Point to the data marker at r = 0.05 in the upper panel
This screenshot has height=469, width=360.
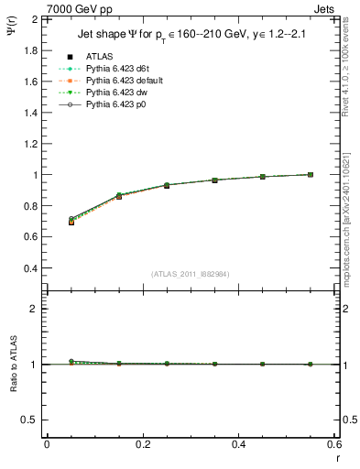(x=71, y=222)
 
